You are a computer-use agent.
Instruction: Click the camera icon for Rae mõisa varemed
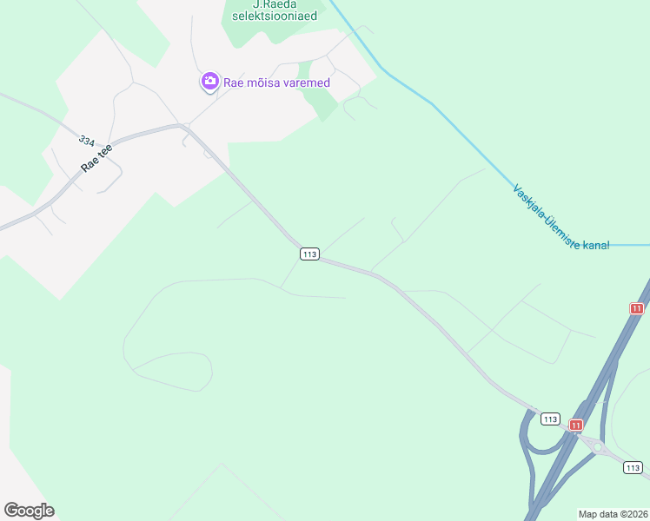209,82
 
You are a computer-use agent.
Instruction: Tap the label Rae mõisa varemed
265,82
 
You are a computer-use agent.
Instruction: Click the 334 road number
86,140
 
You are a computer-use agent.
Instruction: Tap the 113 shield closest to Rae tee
310,254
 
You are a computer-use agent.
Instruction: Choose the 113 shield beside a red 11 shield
549,419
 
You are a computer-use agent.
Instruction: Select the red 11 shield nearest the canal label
637,308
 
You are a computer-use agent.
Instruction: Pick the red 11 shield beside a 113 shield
574,425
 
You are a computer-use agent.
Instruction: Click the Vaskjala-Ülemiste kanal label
560,217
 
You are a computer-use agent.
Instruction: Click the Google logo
29,511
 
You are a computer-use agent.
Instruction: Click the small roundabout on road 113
598,447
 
